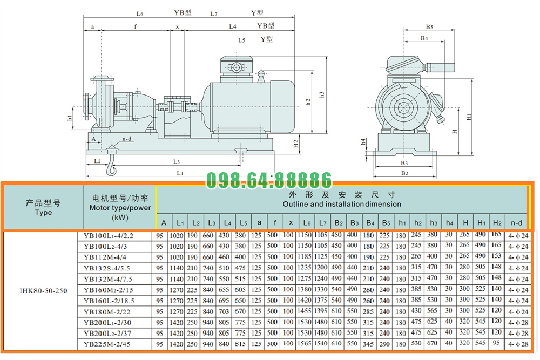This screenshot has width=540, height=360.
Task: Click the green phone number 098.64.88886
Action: (x=269, y=180)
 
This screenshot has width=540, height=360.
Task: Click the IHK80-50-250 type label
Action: (x=43, y=290)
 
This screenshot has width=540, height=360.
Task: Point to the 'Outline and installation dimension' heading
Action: (x=342, y=204)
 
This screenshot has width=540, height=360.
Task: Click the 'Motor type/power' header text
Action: (x=120, y=207)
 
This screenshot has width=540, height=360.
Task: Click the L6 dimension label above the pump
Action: (x=140, y=13)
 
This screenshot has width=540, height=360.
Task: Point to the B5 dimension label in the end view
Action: (x=429, y=26)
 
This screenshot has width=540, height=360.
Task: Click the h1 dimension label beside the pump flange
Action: (x=69, y=117)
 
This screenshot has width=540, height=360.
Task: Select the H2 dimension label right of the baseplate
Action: (x=295, y=144)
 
